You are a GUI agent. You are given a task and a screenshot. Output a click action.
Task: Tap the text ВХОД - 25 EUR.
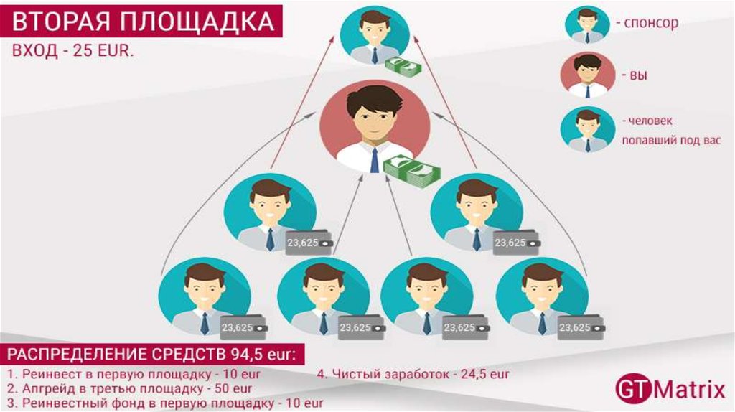click(x=72, y=53)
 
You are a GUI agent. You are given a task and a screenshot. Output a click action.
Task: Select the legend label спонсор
click(x=650, y=24)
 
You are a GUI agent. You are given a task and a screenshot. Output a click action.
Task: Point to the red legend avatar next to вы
click(x=588, y=75)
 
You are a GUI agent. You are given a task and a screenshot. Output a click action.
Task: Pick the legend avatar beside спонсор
click(x=587, y=24)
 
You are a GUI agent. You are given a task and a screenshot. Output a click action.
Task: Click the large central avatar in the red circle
click(x=374, y=125)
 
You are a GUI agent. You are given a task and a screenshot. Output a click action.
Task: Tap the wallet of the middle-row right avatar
click(x=514, y=243)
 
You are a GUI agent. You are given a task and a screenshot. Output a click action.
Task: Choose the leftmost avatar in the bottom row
click(x=204, y=299)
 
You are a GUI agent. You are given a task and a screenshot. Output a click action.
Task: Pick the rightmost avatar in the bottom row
click(x=542, y=299)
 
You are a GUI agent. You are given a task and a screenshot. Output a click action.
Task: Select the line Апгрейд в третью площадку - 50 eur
click(x=130, y=389)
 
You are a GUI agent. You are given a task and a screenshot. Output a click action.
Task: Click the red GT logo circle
click(x=632, y=390)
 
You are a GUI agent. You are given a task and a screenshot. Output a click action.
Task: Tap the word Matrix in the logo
click(x=688, y=390)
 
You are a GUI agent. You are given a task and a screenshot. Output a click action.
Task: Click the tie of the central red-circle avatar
click(x=374, y=159)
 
